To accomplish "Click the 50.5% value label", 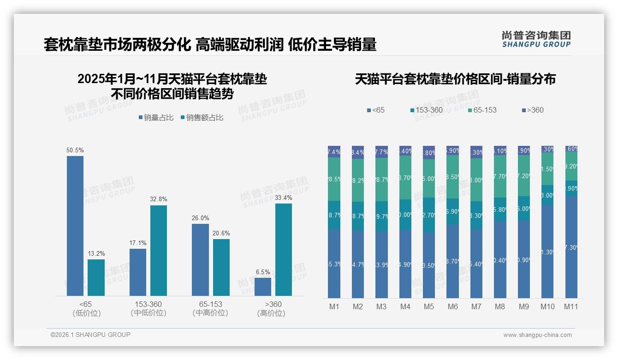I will [x=75, y=150].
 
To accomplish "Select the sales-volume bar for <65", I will [x=75, y=226].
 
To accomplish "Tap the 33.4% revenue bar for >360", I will [x=284, y=250].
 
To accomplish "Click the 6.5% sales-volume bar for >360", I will [x=263, y=287].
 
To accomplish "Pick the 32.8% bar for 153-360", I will [x=159, y=251].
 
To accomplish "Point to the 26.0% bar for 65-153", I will [x=200, y=260].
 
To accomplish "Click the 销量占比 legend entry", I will [x=156, y=118].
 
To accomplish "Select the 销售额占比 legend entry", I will [x=202, y=118].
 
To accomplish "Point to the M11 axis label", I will [x=571, y=306].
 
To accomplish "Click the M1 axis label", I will [x=334, y=306].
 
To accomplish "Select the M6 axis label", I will [x=452, y=306].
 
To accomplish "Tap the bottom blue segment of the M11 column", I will [x=571, y=247].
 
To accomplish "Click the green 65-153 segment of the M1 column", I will [x=334, y=179].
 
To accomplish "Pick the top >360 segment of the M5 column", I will [x=429, y=152].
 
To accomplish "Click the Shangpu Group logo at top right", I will [x=536, y=39].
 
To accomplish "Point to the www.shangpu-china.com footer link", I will [x=537, y=335].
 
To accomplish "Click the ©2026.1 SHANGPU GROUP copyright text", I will [x=90, y=335].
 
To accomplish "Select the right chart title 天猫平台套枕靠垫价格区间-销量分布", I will [x=455, y=79].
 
